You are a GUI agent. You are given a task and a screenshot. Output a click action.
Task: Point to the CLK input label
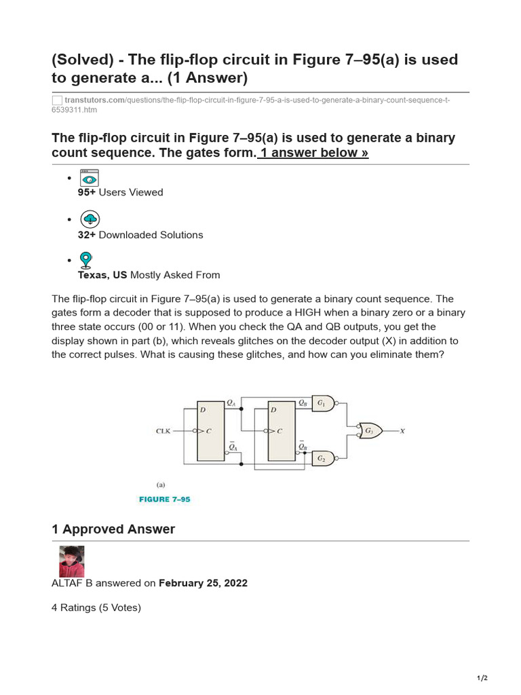pyautogui.click(x=163, y=431)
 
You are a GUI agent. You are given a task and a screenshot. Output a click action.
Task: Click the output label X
pyautogui.click(x=402, y=431)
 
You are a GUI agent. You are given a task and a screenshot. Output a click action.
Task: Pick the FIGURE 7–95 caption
pyautogui.click(x=165, y=500)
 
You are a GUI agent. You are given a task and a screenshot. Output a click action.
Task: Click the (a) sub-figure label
pyautogui.click(x=161, y=485)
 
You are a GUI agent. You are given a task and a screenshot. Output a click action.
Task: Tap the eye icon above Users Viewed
pyautogui.click(x=90, y=178)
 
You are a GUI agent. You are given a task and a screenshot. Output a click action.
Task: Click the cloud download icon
pyautogui.click(x=90, y=219)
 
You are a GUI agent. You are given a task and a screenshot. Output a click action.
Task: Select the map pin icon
pyautogui.click(x=86, y=261)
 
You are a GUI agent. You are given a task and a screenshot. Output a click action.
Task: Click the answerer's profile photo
pyautogui.click(x=71, y=561)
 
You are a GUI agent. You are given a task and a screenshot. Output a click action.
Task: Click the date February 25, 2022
pyautogui.click(x=203, y=583)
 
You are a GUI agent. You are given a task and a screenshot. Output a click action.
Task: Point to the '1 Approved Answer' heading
pyautogui.click(x=113, y=529)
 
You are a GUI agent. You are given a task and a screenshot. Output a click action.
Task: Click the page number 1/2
pyautogui.click(x=482, y=678)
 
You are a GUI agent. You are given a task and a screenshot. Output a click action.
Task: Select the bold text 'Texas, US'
pyautogui.click(x=102, y=275)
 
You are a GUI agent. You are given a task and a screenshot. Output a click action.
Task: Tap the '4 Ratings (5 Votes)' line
pyautogui.click(x=96, y=607)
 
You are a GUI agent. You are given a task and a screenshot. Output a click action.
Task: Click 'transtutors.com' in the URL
pyautogui.click(x=95, y=100)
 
